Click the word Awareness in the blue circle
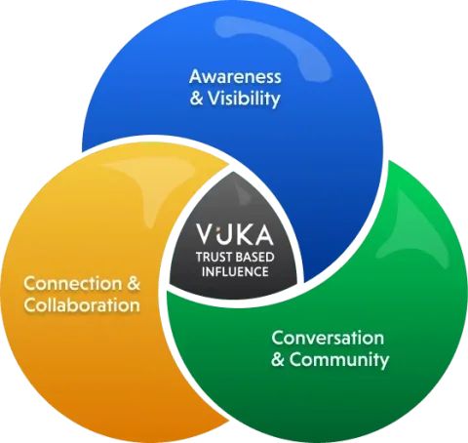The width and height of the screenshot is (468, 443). tap(235, 77)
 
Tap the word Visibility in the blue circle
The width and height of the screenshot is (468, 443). tap(244, 99)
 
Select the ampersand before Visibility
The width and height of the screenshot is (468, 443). tap(196, 98)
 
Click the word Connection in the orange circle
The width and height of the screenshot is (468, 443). tap(73, 284)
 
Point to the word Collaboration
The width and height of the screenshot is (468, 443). tap(82, 305)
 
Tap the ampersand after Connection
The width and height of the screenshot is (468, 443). tap(134, 283)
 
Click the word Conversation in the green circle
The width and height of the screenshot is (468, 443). tap(328, 338)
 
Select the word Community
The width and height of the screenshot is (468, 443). tap(339, 360)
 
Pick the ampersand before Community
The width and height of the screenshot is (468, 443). tap(278, 359)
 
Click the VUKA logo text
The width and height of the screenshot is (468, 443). tap(234, 234)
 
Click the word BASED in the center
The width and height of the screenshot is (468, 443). tap(254, 257)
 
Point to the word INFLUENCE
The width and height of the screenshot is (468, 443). tap(235, 271)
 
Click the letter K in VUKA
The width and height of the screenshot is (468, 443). tap(243, 234)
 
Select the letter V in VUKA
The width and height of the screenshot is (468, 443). tap(205, 234)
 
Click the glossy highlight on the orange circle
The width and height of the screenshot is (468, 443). tap(153, 182)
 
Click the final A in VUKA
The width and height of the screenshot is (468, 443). tap(263, 234)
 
